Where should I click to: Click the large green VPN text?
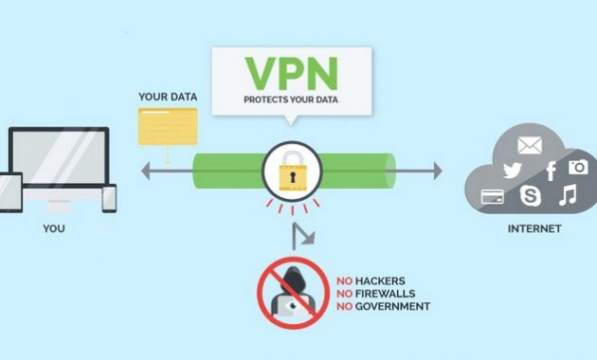pos(290,72)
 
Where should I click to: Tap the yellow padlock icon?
pos(291,171)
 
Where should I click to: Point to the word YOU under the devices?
pos(54,228)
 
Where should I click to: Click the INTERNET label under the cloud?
pos(534,228)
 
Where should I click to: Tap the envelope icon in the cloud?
pos(529,145)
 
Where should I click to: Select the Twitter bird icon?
pos(513,171)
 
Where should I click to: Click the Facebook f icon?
pos(550,171)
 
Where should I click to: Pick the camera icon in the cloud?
pos(577,167)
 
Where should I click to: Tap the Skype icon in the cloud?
pos(530,196)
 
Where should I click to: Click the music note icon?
pos(567,196)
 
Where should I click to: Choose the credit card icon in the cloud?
pos(492,197)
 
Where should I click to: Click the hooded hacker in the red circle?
pos(291,287)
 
